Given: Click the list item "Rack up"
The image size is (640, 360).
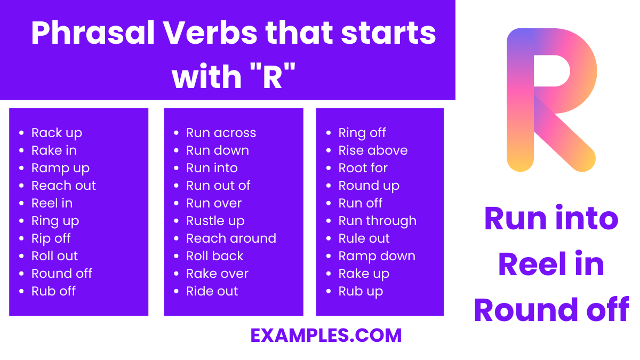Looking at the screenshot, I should (x=57, y=133).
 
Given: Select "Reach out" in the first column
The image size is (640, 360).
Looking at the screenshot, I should (x=63, y=186).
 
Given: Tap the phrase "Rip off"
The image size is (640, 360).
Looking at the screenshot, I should (x=51, y=238).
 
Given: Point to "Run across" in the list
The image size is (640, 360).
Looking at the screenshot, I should (x=221, y=133).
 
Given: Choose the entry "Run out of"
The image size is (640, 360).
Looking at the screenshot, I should (x=218, y=186).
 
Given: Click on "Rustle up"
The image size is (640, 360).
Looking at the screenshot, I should (x=215, y=221).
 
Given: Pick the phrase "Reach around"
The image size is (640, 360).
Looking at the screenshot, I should (x=231, y=238).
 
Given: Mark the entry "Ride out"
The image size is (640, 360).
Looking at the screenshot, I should (x=212, y=291).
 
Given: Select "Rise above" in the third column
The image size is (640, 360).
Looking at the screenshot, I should (x=373, y=150).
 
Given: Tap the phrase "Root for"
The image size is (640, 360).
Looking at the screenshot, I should (x=363, y=168).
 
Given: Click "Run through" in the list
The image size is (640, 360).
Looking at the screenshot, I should (x=377, y=221).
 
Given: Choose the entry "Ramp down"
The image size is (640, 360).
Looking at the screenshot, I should (x=377, y=256).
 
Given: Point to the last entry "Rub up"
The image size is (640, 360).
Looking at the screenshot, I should (x=361, y=291).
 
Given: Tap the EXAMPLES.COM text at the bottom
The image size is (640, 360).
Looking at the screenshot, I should (x=326, y=335).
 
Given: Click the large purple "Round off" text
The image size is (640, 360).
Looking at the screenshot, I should (x=551, y=310).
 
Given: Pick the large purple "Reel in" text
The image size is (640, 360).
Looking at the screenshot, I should (x=551, y=265).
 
